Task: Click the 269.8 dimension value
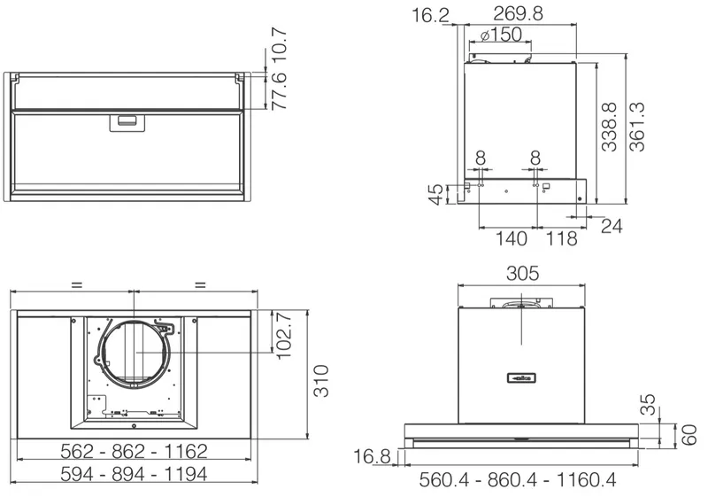[x=518, y=13]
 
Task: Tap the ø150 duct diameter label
[x=501, y=35]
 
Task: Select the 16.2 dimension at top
[x=430, y=15]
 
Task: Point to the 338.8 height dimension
[x=609, y=127]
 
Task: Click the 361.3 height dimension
[x=637, y=127]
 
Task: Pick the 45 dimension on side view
[x=436, y=195]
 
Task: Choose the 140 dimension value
[x=512, y=238]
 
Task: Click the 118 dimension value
[x=562, y=238]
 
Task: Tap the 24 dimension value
[x=612, y=226]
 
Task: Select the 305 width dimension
[x=522, y=274]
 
